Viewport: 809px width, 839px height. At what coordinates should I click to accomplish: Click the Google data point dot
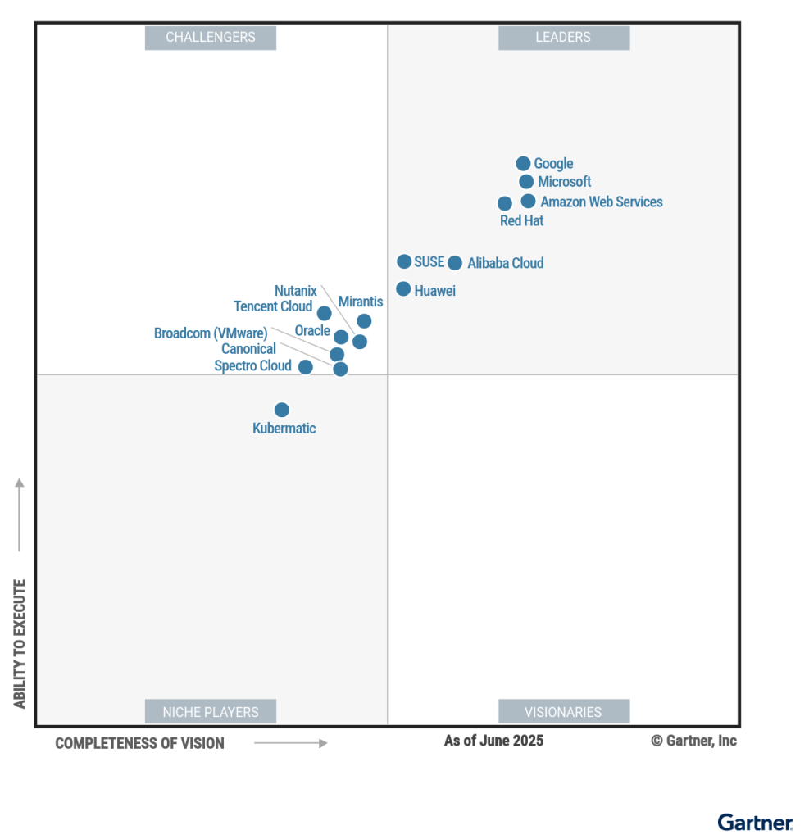[x=523, y=164]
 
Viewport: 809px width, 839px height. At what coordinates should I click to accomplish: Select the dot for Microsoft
[x=526, y=182]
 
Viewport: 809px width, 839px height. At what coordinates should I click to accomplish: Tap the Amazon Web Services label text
[x=601, y=202]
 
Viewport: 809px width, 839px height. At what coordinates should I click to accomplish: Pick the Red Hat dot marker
[x=505, y=203]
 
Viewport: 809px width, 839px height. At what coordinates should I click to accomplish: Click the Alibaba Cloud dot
[x=455, y=263]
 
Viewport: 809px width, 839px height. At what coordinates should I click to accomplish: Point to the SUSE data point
[x=404, y=261]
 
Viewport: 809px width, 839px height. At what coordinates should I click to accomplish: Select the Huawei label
[x=434, y=291]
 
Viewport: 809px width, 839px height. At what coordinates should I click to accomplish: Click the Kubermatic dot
[x=282, y=410]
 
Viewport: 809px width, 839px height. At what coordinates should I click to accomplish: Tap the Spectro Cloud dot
[x=305, y=367]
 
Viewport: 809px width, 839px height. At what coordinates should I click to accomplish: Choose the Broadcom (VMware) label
[x=211, y=333]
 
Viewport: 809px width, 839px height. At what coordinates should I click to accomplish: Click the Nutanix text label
[x=295, y=291]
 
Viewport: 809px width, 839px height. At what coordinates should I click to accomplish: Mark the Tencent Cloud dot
[x=325, y=313]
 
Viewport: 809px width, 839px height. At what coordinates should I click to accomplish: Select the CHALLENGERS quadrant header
[x=211, y=38]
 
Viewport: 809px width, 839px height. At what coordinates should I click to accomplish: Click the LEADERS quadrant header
[x=563, y=38]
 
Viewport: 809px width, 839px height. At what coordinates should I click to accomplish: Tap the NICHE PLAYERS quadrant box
[x=211, y=712]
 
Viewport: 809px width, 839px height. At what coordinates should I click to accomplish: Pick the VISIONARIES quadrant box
[x=563, y=712]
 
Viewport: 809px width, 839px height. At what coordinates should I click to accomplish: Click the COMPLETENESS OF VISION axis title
[x=139, y=743]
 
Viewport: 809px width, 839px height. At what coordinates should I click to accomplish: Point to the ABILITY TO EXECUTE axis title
[x=20, y=643]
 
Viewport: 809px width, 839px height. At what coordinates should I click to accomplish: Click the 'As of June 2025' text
[x=493, y=741]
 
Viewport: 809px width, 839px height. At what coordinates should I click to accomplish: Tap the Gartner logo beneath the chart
[x=755, y=822]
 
